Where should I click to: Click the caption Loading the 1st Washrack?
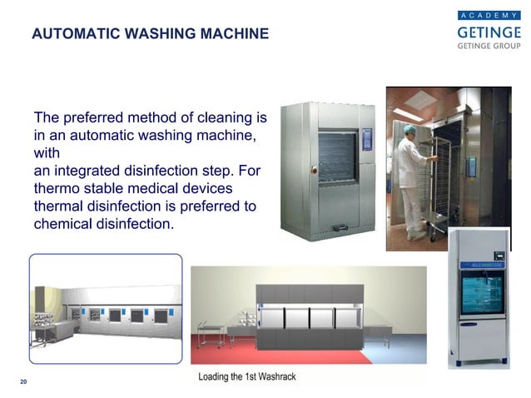(246, 377)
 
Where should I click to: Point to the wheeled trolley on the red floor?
(214, 330)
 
